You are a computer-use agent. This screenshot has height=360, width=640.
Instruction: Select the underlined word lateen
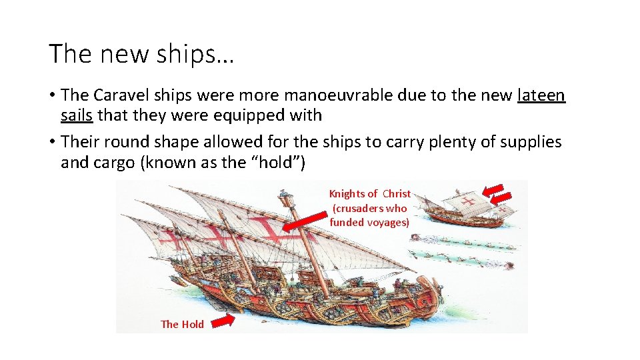click(541, 95)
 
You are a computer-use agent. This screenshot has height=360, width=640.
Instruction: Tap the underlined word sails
click(77, 115)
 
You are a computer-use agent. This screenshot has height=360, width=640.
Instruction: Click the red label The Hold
click(182, 324)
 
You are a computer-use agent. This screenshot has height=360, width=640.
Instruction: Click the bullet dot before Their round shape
click(52, 142)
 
